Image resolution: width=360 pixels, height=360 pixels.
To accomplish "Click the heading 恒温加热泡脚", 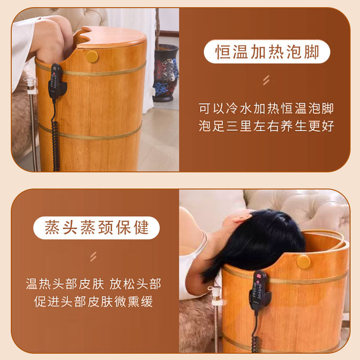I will [267, 52].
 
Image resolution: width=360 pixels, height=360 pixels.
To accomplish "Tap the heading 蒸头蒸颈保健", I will [96, 228].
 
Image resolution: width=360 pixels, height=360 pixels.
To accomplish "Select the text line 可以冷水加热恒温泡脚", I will [267, 108].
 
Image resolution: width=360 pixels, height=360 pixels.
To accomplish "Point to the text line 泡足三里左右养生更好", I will [267, 126].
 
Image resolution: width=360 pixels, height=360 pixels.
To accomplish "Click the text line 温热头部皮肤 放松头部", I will [94, 284].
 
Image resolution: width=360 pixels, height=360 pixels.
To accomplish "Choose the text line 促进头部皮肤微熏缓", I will [94, 301].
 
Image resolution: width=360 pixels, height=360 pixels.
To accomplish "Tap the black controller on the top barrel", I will [57, 81].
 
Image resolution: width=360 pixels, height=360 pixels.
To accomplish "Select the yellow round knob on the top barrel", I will [92, 57].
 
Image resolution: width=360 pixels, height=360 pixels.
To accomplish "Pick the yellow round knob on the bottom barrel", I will [303, 261].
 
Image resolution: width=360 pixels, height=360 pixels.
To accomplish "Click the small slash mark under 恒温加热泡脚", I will [267, 79].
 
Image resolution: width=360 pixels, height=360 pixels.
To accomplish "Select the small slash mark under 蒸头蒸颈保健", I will [94, 256].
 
